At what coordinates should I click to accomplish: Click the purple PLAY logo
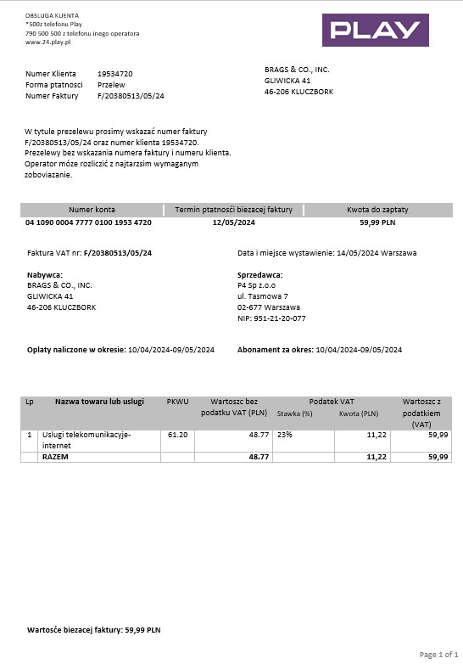[375, 31]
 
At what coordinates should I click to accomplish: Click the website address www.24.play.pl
[47, 42]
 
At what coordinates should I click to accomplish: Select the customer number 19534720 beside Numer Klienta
[114, 74]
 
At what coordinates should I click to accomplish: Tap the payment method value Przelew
[111, 85]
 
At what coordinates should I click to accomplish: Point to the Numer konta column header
[92, 209]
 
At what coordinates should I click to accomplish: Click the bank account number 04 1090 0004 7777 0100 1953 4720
[89, 222]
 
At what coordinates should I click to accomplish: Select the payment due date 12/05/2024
[233, 222]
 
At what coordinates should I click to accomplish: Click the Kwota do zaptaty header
[378, 209]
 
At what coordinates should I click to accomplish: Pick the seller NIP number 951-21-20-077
[271, 318]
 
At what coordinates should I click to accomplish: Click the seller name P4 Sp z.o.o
[258, 285]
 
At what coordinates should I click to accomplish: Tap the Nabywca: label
[45, 274]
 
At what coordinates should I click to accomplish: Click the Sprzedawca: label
[259, 274]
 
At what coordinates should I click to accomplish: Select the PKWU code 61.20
[177, 434]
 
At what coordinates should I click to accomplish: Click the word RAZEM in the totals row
[55, 457]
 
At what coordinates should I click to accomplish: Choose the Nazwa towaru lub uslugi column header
[99, 401]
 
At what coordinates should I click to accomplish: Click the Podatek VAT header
[332, 401]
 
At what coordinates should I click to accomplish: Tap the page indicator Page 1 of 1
[438, 654]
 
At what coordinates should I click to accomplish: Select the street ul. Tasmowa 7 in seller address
[263, 296]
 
